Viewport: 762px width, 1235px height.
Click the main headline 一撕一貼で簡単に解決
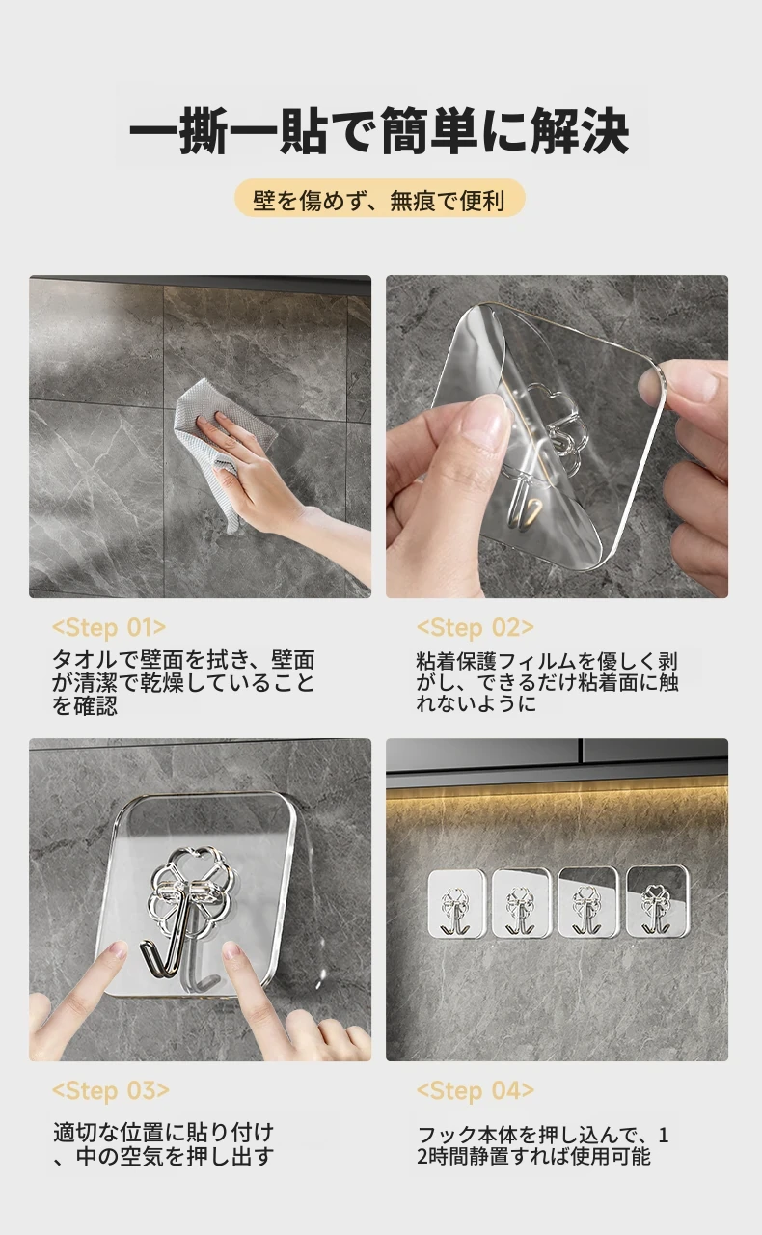pyautogui.click(x=379, y=131)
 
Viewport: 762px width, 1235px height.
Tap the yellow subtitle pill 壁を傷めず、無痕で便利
pyautogui.click(x=379, y=199)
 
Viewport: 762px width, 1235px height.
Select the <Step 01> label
pyautogui.click(x=109, y=628)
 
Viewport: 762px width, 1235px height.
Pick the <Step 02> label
pyautogui.click(x=476, y=628)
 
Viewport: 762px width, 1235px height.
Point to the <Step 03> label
pyautogui.click(x=111, y=1091)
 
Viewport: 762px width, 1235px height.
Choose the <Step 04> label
pyautogui.click(x=476, y=1091)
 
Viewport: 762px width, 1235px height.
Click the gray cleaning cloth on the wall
pyautogui.click(x=221, y=441)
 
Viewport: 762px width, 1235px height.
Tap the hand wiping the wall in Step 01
pyautogui.click(x=259, y=474)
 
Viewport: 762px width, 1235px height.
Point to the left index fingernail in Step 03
pyautogui.click(x=117, y=948)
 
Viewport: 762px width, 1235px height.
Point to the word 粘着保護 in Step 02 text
pyautogui.click(x=456, y=661)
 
